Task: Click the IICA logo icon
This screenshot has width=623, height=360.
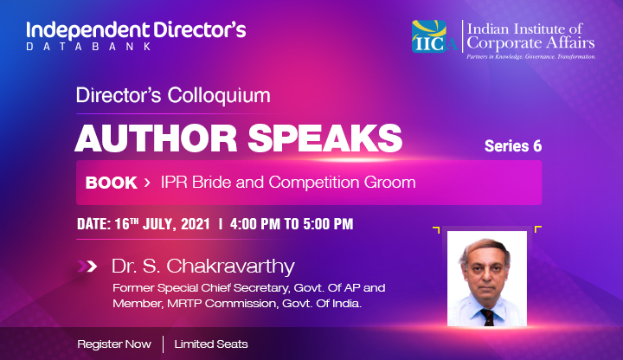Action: pyautogui.click(x=434, y=36)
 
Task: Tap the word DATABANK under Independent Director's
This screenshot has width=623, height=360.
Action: pyautogui.click(x=89, y=47)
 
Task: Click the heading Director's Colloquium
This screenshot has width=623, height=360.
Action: pyautogui.click(x=173, y=95)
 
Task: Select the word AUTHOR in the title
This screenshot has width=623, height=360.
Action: pyautogui.click(x=156, y=138)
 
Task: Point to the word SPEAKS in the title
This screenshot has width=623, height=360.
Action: pyautogui.click(x=325, y=138)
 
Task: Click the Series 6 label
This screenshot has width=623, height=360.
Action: pyautogui.click(x=513, y=146)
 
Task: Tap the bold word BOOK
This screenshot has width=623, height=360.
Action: pyautogui.click(x=112, y=183)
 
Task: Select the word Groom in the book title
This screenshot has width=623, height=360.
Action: pyautogui.click(x=389, y=183)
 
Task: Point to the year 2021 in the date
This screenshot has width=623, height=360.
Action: pyautogui.click(x=196, y=224)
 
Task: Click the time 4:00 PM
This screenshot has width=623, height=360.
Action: pyautogui.click(x=255, y=224)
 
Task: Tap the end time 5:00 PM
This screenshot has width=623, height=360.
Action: pyautogui.click(x=328, y=224)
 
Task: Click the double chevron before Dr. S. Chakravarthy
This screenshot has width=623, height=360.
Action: pyautogui.click(x=87, y=267)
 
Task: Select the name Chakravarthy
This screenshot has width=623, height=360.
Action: pyautogui.click(x=230, y=267)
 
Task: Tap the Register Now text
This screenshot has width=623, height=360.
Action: pyautogui.click(x=114, y=344)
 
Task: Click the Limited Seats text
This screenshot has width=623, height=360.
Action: pyautogui.click(x=211, y=344)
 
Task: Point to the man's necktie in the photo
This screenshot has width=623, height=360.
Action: pyautogui.click(x=487, y=317)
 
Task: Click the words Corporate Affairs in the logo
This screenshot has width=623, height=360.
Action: pyautogui.click(x=530, y=43)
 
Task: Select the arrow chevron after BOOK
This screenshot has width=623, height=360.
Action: pyautogui.click(x=147, y=183)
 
